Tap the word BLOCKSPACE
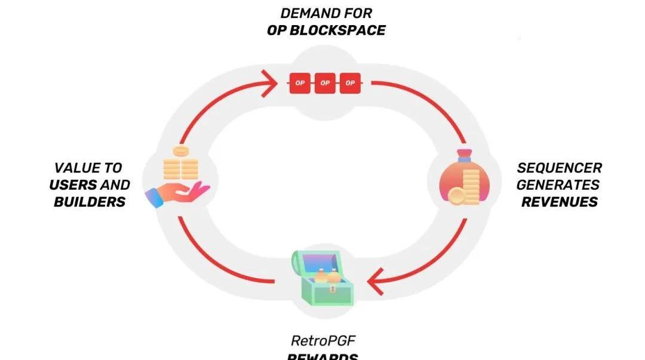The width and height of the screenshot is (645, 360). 337,30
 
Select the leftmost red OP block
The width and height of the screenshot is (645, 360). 300,83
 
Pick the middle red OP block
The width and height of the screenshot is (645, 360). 325,83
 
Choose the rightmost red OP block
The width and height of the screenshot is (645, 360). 350,83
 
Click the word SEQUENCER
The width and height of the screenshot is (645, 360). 559,168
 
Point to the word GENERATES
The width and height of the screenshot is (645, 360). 558,184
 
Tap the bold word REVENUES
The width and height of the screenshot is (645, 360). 559,202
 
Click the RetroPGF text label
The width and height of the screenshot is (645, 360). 322,341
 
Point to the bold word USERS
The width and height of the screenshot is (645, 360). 73,184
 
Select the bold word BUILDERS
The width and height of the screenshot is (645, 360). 90,202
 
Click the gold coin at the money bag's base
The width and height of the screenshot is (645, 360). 456,196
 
